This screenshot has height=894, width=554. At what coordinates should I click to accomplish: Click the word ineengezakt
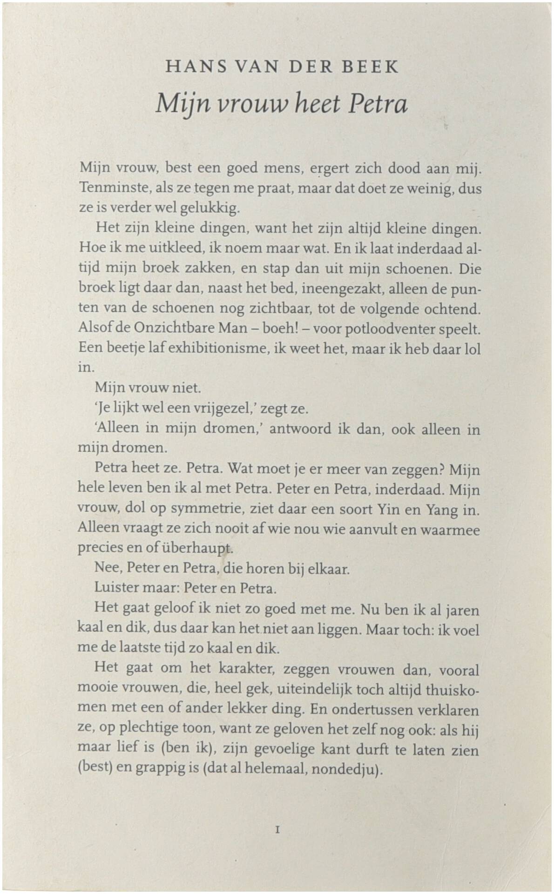click(342, 289)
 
